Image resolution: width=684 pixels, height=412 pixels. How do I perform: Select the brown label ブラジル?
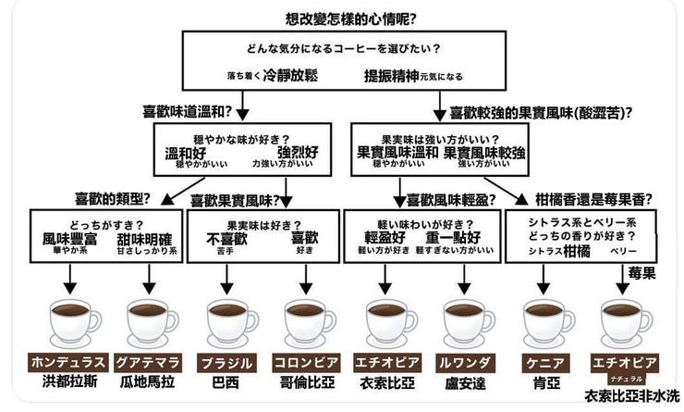click(226, 361)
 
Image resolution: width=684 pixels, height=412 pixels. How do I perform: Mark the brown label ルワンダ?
click(465, 361)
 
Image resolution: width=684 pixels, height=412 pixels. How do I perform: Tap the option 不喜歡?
click(226, 239)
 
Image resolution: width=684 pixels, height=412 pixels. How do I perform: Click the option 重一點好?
click(449, 239)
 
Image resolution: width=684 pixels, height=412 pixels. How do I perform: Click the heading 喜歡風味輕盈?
click(443, 198)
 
